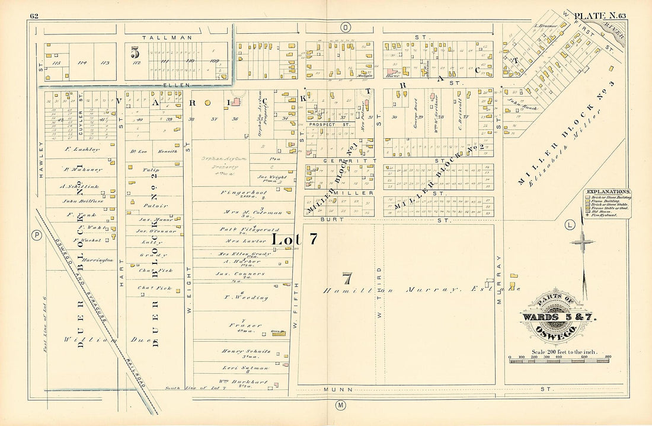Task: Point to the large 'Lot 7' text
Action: click(295, 240)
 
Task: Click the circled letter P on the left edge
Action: click(37, 235)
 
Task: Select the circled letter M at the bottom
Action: click(340, 405)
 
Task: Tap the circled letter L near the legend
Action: click(570, 224)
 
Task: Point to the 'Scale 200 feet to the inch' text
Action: click(560, 351)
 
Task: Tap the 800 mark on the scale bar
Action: click(608, 357)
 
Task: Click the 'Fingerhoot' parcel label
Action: click(238, 193)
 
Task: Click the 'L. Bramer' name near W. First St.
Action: click(544, 26)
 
